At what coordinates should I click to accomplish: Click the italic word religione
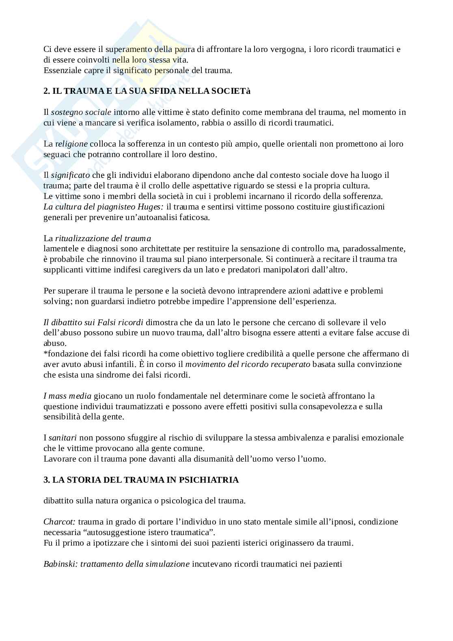tap(71, 144)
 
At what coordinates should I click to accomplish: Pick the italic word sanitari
tap(63, 438)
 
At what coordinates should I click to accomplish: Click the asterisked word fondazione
tap(64, 354)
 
